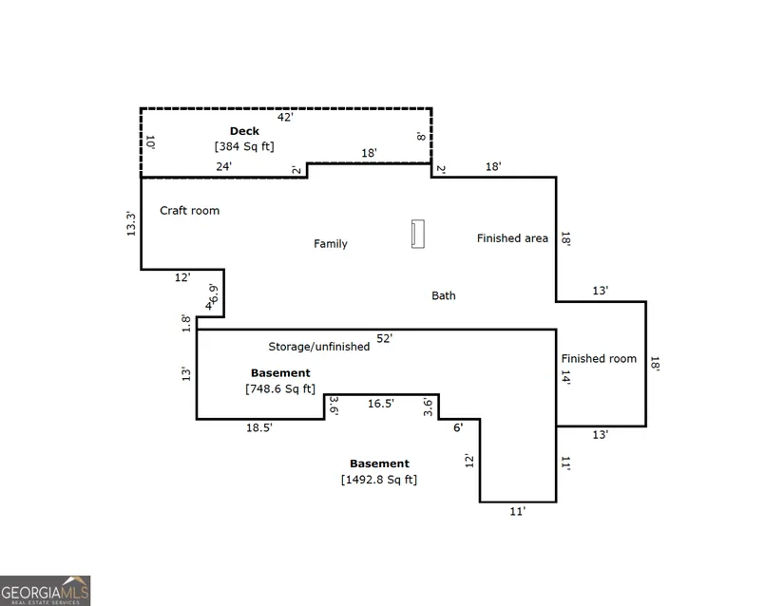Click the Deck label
tap(244, 131)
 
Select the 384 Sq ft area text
tap(244, 146)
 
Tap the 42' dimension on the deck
tap(285, 117)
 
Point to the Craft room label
tap(189, 210)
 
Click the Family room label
tap(331, 244)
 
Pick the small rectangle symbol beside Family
tap(418, 234)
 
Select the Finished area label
tap(512, 238)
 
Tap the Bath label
tap(444, 295)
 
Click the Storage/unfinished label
tap(319, 347)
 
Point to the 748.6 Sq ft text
tap(280, 388)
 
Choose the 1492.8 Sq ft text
tap(379, 480)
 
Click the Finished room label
tap(599, 359)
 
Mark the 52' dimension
tap(385, 338)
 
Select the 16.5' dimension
tap(381, 403)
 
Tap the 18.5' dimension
tap(259, 427)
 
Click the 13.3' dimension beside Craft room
tap(131, 223)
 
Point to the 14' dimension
tap(566, 377)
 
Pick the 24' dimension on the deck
tap(224, 166)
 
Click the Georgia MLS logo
tap(45, 591)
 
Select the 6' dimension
tap(458, 427)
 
